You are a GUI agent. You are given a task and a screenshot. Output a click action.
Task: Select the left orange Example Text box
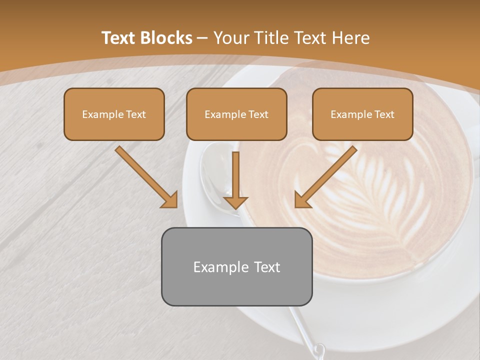tap(114, 114)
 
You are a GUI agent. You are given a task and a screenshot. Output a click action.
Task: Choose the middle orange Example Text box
tap(236, 114)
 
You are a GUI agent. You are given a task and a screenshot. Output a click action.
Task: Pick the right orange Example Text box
tap(362, 114)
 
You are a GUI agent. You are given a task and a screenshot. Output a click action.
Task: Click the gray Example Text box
tap(236, 266)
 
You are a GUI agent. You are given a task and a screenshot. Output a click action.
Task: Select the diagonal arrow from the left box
tap(146, 177)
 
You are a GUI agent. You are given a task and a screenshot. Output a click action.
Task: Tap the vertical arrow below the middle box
tap(235, 180)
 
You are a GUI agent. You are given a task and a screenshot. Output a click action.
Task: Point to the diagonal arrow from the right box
tap(325, 177)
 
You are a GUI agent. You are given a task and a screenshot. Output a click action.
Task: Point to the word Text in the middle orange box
tap(258, 114)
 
